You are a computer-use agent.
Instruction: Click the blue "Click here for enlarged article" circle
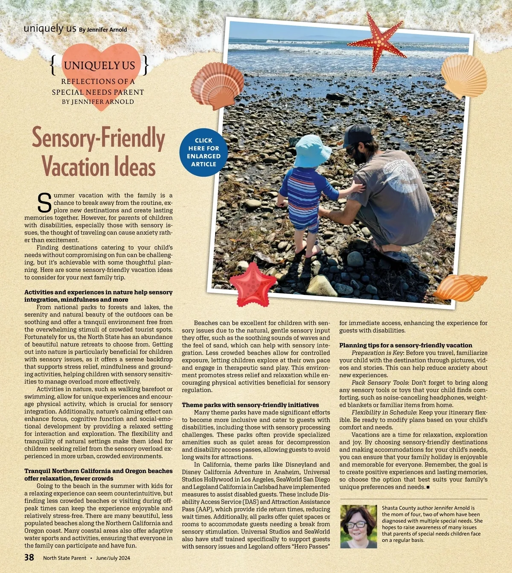(x=204, y=152)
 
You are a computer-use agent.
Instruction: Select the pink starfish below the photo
(x=253, y=285)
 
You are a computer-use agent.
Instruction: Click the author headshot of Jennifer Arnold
(x=358, y=526)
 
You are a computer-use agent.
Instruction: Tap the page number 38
(x=29, y=557)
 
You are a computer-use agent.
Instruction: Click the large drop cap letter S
(x=44, y=203)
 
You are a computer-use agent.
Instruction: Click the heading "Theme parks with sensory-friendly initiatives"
(x=250, y=405)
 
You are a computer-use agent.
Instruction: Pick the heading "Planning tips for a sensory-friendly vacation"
(x=406, y=345)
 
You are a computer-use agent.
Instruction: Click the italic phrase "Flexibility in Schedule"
(x=384, y=413)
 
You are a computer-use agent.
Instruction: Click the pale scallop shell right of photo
(x=464, y=76)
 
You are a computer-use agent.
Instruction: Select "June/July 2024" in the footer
(x=113, y=558)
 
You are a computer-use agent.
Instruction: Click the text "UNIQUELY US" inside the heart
(x=99, y=66)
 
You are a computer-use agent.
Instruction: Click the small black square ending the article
(x=428, y=487)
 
